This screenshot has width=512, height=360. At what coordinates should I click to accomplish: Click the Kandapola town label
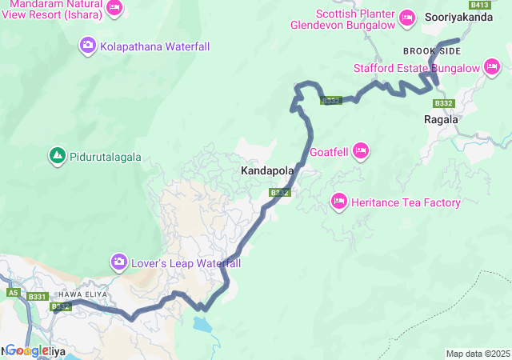coord(267,171)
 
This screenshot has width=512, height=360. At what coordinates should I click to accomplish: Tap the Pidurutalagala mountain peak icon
coord(57,157)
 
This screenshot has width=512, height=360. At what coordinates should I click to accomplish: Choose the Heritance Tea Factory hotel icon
coord(338,202)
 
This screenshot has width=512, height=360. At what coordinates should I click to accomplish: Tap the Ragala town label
coord(441,119)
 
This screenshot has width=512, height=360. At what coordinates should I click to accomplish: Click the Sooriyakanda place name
coord(459,16)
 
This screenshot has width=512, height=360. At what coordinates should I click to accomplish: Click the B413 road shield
coord(480,4)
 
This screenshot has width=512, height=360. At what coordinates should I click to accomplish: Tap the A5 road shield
coord(13,293)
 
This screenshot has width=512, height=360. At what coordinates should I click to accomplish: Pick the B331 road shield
coord(37,297)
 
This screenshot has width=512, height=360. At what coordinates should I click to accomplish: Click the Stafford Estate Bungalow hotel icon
coord(491,68)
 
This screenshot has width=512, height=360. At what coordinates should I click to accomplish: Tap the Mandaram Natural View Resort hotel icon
coord(114,9)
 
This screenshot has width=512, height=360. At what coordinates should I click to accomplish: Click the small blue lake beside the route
coord(202,325)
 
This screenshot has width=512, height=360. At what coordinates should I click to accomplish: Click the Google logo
coord(26,350)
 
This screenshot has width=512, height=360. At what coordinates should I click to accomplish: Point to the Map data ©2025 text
coord(478,354)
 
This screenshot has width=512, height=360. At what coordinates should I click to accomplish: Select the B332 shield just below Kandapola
coord(278,193)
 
